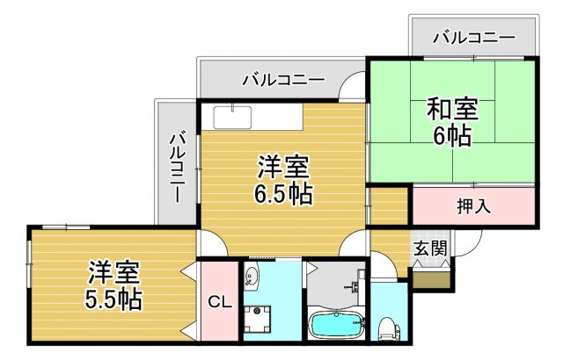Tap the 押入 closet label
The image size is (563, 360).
point(473,207)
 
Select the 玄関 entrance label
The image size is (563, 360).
point(431,248)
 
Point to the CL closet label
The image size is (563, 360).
point(219,303)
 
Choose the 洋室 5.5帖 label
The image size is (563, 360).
point(113,285)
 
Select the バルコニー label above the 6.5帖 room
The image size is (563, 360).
point(283,81)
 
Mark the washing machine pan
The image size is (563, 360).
point(260,320)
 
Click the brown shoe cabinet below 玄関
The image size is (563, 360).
point(432,279)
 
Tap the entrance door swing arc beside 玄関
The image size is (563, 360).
point(465,248)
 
